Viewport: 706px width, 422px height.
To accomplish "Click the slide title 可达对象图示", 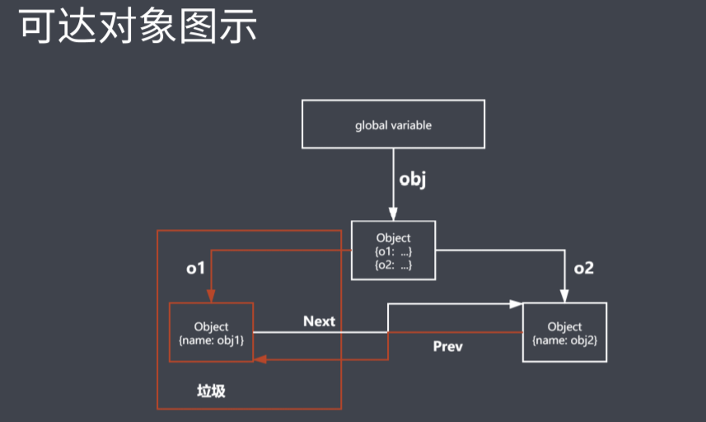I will [x=138, y=27].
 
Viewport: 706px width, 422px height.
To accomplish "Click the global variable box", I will [x=393, y=125].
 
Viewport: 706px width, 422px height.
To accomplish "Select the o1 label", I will [x=195, y=268].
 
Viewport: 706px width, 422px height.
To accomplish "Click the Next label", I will [x=319, y=321].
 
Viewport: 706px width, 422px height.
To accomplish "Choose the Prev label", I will [x=448, y=346].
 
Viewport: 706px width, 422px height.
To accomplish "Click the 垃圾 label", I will [x=211, y=391].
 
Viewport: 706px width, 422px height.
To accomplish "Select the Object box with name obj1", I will [x=211, y=332].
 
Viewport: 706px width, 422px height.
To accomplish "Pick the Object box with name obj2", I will [x=564, y=332].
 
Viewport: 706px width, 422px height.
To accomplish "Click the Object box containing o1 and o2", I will [x=393, y=251].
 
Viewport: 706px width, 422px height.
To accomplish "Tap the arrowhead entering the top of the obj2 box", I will [x=564, y=298].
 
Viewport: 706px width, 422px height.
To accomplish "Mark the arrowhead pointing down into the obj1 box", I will [x=211, y=298].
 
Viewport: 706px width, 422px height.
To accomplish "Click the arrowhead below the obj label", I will [x=393, y=214].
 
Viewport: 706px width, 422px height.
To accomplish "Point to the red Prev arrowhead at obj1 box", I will [x=259, y=359].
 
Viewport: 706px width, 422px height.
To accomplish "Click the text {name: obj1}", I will [x=211, y=339].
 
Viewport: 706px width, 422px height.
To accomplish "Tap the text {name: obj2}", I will [x=564, y=339].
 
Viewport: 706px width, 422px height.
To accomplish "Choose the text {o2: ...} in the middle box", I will [x=393, y=264].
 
